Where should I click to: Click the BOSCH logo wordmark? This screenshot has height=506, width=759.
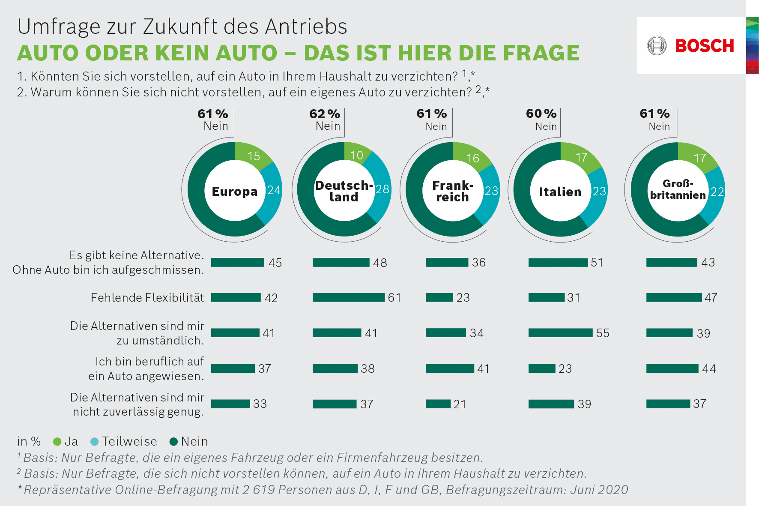tap(704, 46)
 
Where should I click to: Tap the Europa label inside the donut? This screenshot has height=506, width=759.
tap(235, 191)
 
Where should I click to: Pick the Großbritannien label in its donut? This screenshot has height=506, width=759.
tap(678, 189)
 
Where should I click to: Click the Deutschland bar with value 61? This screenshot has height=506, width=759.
tap(348, 297)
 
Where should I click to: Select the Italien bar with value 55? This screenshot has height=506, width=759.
tap(560, 333)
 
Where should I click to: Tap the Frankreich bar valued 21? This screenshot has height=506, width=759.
tap(438, 404)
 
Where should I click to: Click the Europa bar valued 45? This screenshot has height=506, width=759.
tap(237, 263)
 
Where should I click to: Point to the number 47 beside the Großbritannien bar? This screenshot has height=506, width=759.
tap(711, 297)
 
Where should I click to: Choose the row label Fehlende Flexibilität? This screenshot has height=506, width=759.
tap(147, 297)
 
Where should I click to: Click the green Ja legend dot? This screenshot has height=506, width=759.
tap(57, 442)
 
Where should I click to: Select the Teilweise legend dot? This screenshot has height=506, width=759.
tap(95, 442)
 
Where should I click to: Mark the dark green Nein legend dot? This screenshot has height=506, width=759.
tap(173, 442)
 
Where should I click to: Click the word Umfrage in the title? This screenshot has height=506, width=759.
tap(59, 27)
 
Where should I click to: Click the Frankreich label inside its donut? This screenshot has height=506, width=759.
tap(453, 191)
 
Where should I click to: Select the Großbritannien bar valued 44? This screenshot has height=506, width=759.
tap(672, 368)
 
